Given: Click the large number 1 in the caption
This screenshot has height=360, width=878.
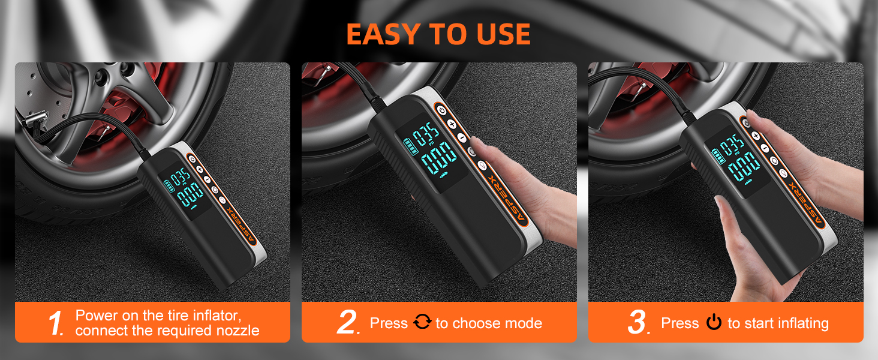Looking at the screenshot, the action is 56,323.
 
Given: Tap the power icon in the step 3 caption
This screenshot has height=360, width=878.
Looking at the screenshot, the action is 714,322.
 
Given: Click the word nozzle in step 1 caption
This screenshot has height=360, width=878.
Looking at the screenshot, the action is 238,331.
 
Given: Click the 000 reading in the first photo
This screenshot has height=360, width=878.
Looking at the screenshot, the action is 190,195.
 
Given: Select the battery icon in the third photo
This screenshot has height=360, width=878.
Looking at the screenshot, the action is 718,157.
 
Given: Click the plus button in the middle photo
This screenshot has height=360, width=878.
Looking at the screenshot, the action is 452,124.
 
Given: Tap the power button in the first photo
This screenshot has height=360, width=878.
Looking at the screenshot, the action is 192,159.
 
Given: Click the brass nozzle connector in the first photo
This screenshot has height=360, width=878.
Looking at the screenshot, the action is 35,118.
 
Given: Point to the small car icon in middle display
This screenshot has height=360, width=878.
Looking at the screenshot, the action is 443,175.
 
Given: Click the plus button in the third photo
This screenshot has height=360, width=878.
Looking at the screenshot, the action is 756,136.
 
